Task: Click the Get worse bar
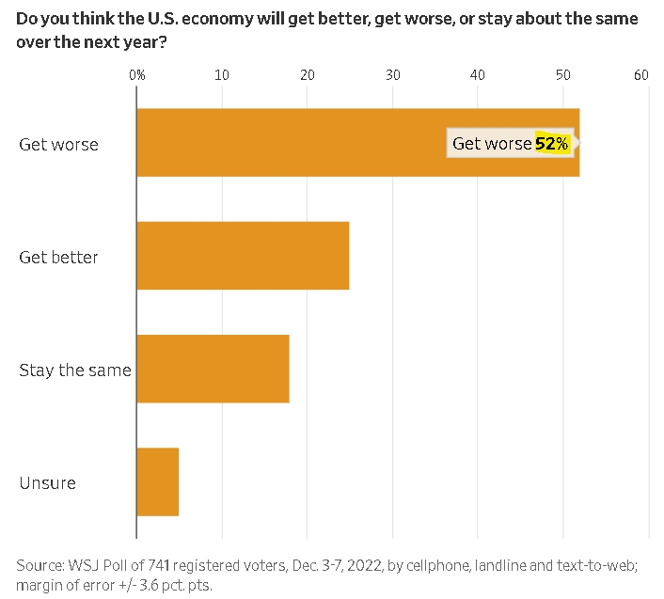tap(358, 142)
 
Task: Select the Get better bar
tap(243, 256)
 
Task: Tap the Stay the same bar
tap(213, 369)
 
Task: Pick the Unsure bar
tap(158, 481)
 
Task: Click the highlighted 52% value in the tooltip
tap(552, 144)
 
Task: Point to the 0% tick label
tap(136, 75)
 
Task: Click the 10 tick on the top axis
tap(222, 75)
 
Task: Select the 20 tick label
tap(308, 75)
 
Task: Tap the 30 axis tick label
tap(393, 75)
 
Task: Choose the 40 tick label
tap(478, 75)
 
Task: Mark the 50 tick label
tap(563, 75)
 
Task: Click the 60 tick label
tap(641, 75)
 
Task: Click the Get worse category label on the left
tap(59, 145)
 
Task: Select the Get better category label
tap(58, 258)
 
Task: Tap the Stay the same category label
tap(75, 370)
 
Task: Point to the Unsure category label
tap(47, 483)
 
